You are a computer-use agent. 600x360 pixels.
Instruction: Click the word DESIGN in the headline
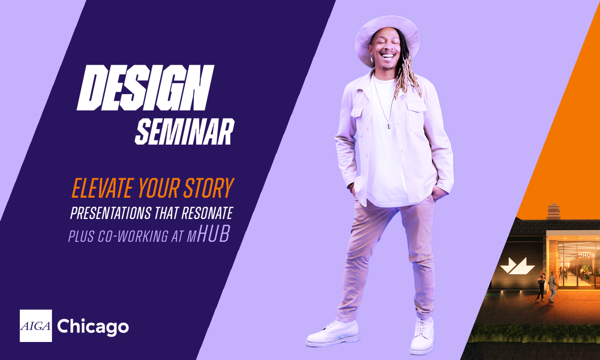click(145, 88)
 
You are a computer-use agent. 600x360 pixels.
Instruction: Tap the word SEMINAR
click(185, 132)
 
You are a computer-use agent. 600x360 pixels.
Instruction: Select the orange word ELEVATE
click(102, 188)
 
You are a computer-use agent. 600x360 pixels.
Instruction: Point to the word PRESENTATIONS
click(111, 213)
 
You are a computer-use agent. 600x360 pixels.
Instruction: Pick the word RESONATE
click(207, 213)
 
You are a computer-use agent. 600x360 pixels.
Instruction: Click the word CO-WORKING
click(133, 236)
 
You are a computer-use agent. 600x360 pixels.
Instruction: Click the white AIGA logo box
click(36, 326)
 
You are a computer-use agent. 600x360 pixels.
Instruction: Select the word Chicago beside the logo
click(93, 327)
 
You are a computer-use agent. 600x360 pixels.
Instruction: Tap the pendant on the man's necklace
click(388, 126)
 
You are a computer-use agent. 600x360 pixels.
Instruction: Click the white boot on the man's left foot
click(422, 336)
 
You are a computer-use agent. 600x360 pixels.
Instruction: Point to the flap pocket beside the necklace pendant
click(417, 117)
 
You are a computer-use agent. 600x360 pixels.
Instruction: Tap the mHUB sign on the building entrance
click(586, 255)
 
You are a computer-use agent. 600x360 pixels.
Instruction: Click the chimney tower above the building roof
click(553, 211)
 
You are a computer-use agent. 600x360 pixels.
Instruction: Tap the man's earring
click(372, 58)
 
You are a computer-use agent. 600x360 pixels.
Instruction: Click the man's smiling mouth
click(388, 56)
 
